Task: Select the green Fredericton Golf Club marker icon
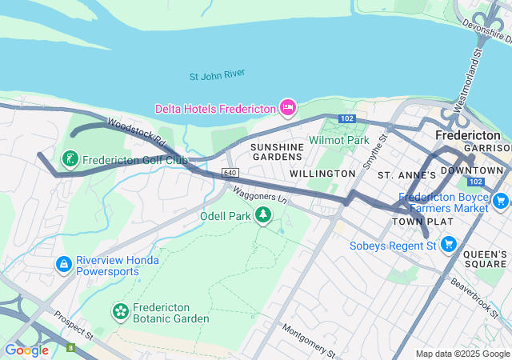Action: tap(70, 158)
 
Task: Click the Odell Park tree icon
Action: tap(263, 214)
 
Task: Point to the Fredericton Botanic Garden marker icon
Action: tap(120, 310)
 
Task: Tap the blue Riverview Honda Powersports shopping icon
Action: tap(63, 263)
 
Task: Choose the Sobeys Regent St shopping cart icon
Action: tap(449, 243)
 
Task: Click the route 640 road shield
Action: tap(230, 173)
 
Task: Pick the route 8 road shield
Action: tap(70, 347)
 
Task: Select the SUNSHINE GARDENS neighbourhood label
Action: tap(277, 153)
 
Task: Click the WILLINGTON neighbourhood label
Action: tap(322, 174)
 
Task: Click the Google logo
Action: tap(26, 350)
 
